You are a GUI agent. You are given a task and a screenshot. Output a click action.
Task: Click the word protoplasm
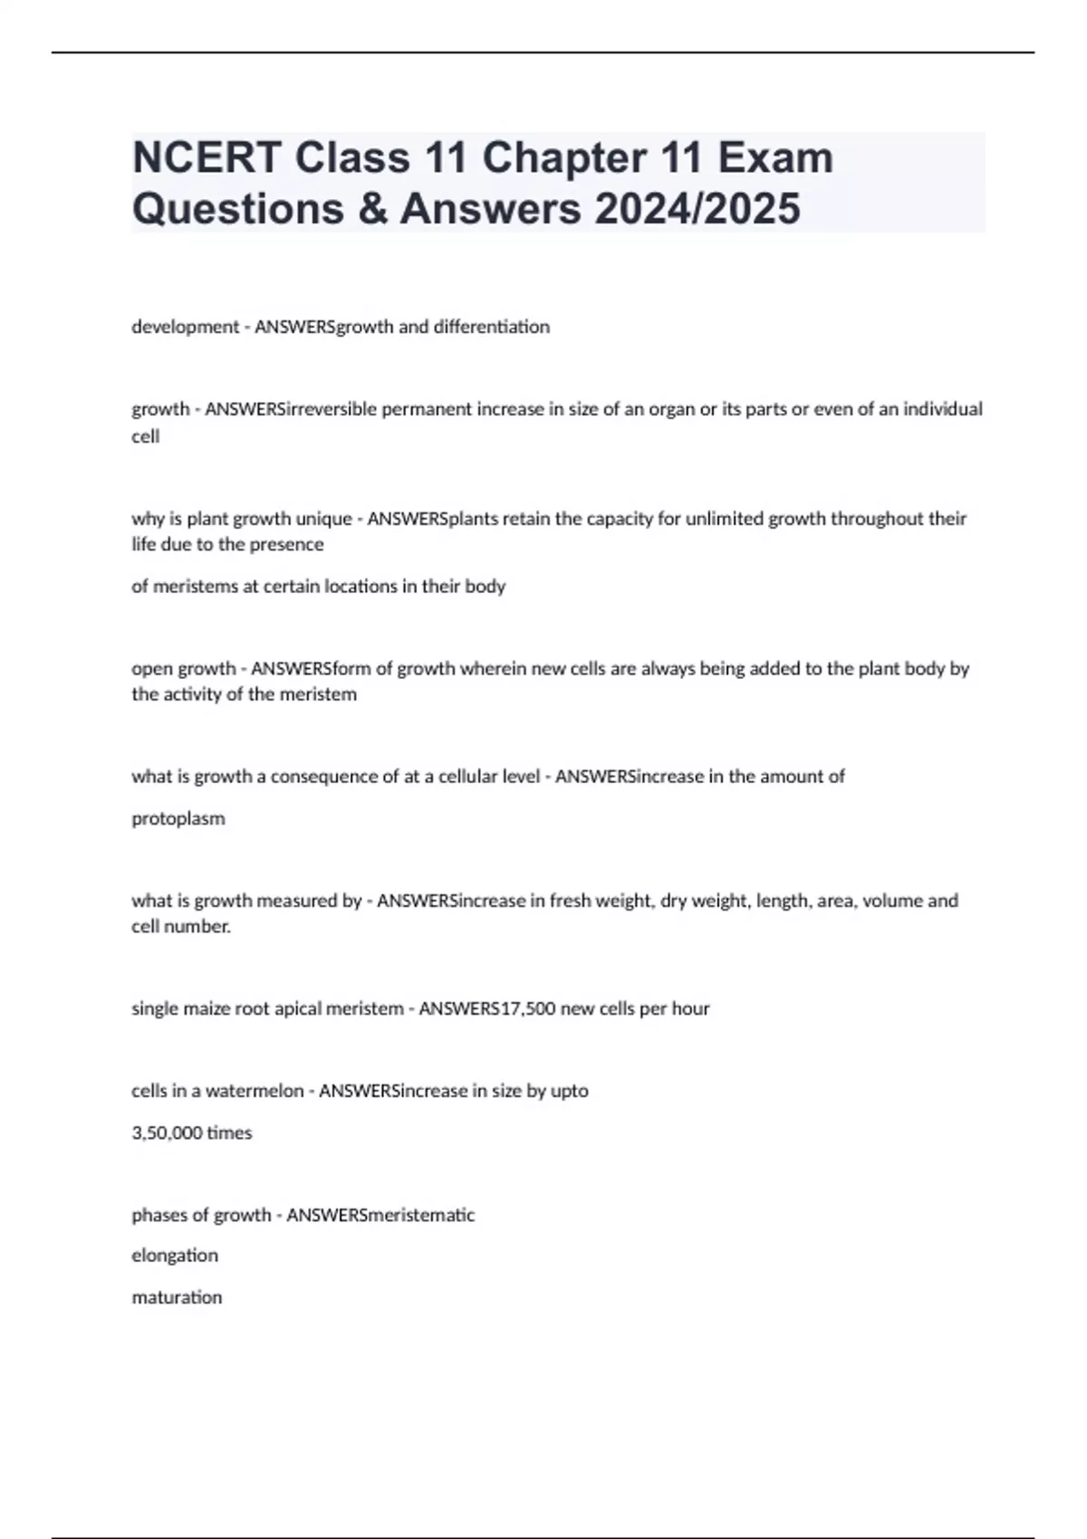(x=178, y=818)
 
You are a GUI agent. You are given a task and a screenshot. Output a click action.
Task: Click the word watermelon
(x=255, y=1091)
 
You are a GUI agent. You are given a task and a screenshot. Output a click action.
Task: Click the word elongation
(x=175, y=1256)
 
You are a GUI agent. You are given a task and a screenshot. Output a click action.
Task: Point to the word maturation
(x=177, y=1297)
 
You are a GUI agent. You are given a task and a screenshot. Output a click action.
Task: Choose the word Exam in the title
(x=775, y=158)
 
